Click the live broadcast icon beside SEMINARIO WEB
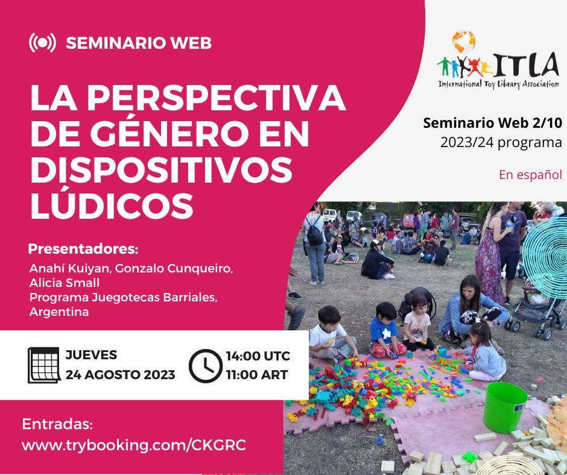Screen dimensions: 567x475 tap(42, 43)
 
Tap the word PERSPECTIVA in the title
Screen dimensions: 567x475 tap(216, 98)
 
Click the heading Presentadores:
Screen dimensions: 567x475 tap(83, 249)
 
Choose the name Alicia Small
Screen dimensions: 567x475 tap(65, 283)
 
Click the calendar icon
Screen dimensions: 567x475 tap(44, 365)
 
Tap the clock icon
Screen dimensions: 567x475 tap(206, 366)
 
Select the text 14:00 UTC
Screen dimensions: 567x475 tap(258, 356)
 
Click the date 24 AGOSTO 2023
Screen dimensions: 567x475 tap(121, 374)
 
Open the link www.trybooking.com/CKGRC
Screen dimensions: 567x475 tap(134, 445)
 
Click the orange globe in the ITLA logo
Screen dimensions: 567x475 tap(464, 42)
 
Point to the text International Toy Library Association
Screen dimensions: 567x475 tap(499, 84)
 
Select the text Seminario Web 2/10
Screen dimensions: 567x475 tap(493, 123)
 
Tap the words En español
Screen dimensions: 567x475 tap(530, 175)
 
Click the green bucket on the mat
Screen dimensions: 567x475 tap(505, 407)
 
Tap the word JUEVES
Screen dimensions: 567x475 tap(91, 355)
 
